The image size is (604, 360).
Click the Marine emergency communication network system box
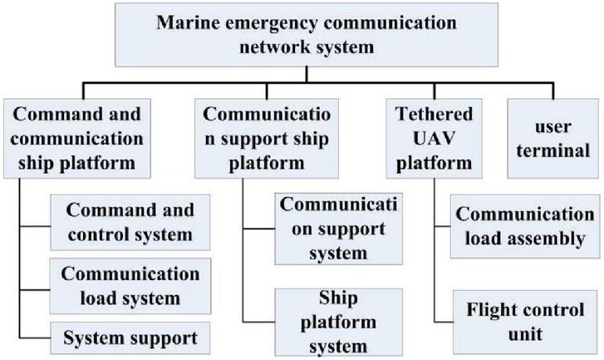307,35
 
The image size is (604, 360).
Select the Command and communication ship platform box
77,138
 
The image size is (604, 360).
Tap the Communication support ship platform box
267,138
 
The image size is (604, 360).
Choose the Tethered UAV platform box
435,138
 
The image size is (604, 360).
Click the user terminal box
553,138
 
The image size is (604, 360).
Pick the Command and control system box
130,222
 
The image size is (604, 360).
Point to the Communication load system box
130,286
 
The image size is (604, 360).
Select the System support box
130,338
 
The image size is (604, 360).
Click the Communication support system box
339,229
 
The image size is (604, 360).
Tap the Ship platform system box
339,323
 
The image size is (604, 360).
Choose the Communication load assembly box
525,226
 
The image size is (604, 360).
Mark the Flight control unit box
525,323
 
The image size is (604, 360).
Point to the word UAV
435,138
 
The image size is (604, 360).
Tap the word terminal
553,150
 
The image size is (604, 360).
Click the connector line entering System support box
35,338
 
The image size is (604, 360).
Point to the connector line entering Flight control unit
444,322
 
